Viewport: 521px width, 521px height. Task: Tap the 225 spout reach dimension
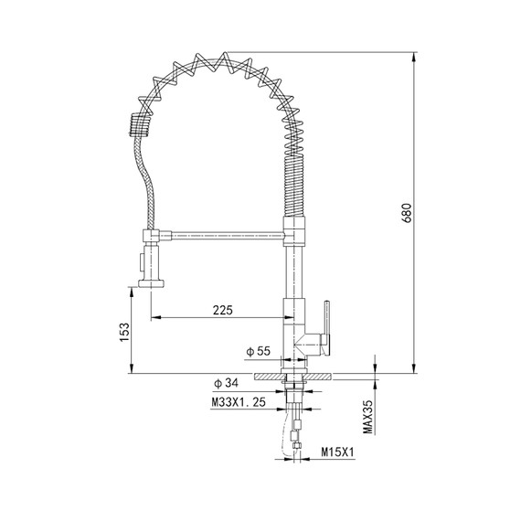(222, 310)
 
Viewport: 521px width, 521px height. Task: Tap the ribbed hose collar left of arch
(136, 122)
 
